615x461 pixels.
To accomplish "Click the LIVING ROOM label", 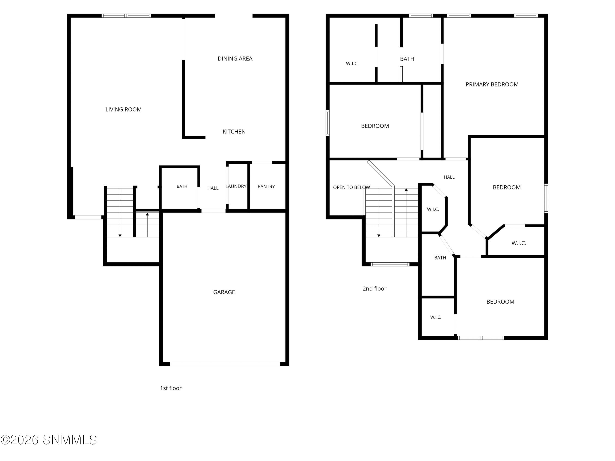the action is [123, 109].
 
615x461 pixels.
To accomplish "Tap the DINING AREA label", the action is [235, 59].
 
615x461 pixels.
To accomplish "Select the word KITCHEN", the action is [234, 132].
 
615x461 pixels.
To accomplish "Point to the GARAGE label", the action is [224, 292].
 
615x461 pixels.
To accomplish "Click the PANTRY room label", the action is [266, 187].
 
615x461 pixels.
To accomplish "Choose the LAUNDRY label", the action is [236, 186].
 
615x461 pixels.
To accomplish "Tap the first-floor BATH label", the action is [182, 186].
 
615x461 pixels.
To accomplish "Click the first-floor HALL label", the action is [213, 188].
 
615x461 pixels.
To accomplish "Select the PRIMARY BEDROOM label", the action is [492, 84].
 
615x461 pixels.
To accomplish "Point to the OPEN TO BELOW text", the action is [351, 187].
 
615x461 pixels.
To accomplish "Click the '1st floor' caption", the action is [171, 388].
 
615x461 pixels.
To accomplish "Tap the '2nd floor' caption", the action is [374, 289].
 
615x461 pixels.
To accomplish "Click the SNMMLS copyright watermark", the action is [49, 440].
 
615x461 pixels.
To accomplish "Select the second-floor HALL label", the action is [449, 177].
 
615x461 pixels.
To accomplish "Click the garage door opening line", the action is [225, 364].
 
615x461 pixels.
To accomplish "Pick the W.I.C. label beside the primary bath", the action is [352, 64].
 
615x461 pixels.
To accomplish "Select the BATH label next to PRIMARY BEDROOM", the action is [407, 59].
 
